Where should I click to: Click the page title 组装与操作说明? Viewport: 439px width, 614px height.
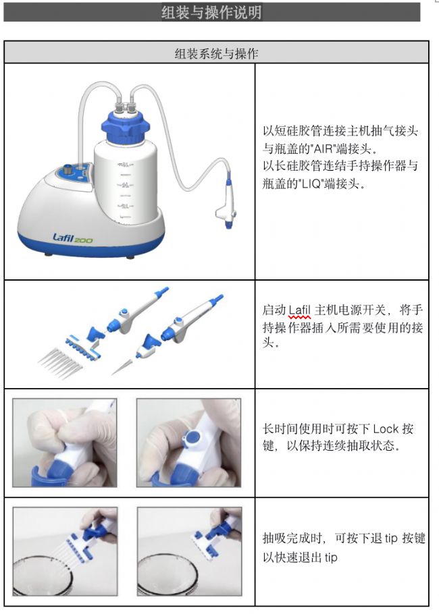[211, 12]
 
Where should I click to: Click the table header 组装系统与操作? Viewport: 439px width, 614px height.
[216, 53]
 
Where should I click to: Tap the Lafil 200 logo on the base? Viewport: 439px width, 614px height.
[72, 238]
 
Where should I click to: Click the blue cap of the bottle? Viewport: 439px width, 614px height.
[126, 125]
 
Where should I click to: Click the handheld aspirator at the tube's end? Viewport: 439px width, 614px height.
[226, 203]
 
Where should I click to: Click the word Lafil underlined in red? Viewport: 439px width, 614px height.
[299, 310]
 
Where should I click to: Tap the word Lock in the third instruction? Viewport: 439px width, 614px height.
[386, 428]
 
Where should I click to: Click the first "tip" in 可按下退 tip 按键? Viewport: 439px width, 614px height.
[391, 538]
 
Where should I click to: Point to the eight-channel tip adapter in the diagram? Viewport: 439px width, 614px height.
[83, 345]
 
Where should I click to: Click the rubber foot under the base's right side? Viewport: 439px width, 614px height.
[130, 257]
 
